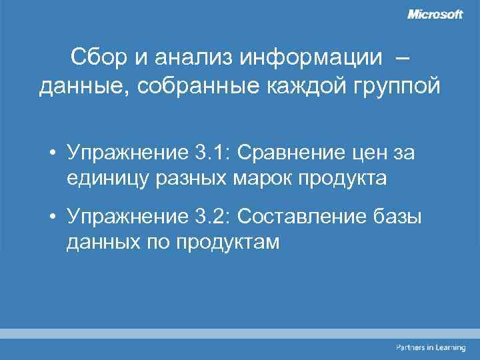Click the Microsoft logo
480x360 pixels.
435,14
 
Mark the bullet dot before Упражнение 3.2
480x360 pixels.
52,217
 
